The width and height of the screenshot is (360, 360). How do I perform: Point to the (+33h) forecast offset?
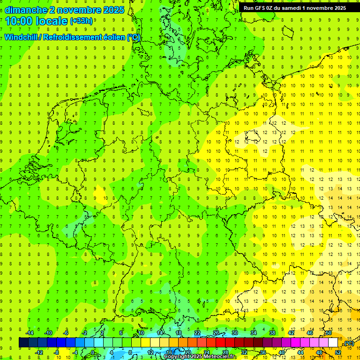(x=81, y=21)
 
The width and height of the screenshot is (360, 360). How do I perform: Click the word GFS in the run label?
(x=260, y=7)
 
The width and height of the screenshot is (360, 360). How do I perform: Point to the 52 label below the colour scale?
(x=338, y=352)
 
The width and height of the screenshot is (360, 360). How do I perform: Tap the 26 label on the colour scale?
(x=216, y=333)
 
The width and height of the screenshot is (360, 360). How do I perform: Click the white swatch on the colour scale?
(x=333, y=343)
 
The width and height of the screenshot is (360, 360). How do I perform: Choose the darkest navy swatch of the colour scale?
(x=23, y=343)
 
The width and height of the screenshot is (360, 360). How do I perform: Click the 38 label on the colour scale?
(x=272, y=333)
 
